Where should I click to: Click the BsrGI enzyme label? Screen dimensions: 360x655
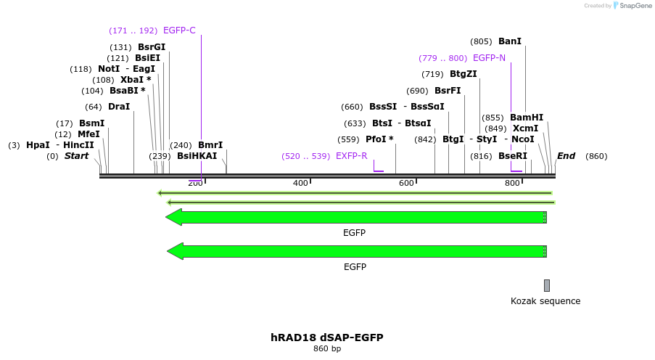click(x=152, y=47)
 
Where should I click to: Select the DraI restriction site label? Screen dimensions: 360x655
click(x=119, y=107)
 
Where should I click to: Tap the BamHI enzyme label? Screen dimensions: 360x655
click(x=527, y=118)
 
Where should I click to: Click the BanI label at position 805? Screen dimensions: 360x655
click(x=510, y=42)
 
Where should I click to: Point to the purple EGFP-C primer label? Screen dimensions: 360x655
click(x=179, y=30)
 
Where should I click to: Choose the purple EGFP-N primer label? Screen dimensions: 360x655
click(x=489, y=58)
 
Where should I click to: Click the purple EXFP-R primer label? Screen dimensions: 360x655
click(x=352, y=156)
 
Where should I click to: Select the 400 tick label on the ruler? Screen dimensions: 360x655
click(x=300, y=184)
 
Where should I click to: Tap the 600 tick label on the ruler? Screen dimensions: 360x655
click(x=406, y=184)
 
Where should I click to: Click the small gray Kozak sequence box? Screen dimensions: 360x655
click(x=547, y=285)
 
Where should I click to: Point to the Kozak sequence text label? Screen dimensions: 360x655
click(x=545, y=301)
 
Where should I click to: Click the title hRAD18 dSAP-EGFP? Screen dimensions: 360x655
click(x=327, y=337)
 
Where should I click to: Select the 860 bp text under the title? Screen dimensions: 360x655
click(x=327, y=349)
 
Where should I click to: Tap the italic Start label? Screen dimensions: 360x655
click(x=76, y=156)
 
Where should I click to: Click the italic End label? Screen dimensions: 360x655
click(x=566, y=156)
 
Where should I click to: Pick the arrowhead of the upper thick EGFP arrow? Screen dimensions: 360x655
click(x=173, y=217)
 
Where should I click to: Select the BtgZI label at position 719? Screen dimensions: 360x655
click(x=464, y=74)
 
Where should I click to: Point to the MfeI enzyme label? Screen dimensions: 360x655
click(x=88, y=134)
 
